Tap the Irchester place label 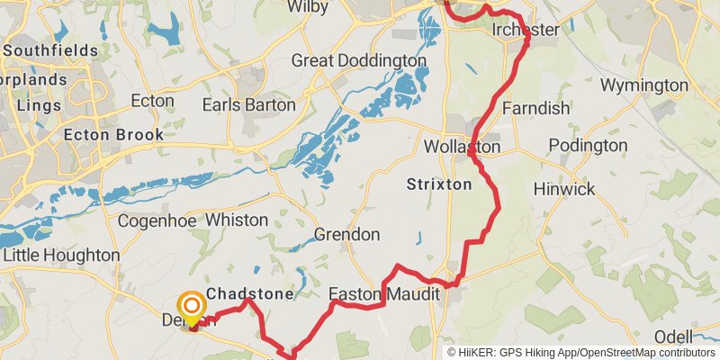pyautogui.click(x=526, y=31)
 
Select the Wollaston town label pyautogui.click(x=463, y=146)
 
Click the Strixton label pyautogui.click(x=439, y=184)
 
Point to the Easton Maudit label pyautogui.click(x=383, y=294)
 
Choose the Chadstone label pyautogui.click(x=250, y=294)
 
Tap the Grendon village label pyautogui.click(x=346, y=235)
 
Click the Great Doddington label pyautogui.click(x=358, y=60)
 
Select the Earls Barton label pyautogui.click(x=248, y=104)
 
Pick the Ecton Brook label pyautogui.click(x=114, y=135)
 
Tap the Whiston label pyautogui.click(x=237, y=220)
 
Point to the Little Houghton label pyautogui.click(x=61, y=256)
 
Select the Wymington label pyautogui.click(x=643, y=85)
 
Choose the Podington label pyautogui.click(x=588, y=145)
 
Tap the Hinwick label pyautogui.click(x=564, y=189)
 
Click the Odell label pyautogui.click(x=673, y=336)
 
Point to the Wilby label pyautogui.click(x=307, y=7)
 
